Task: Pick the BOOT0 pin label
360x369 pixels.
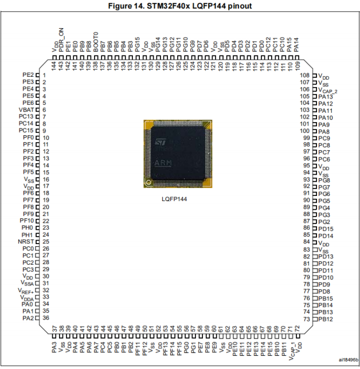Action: click(96, 42)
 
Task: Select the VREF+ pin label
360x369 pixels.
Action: click(26, 291)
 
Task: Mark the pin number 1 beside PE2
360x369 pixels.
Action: click(44, 75)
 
